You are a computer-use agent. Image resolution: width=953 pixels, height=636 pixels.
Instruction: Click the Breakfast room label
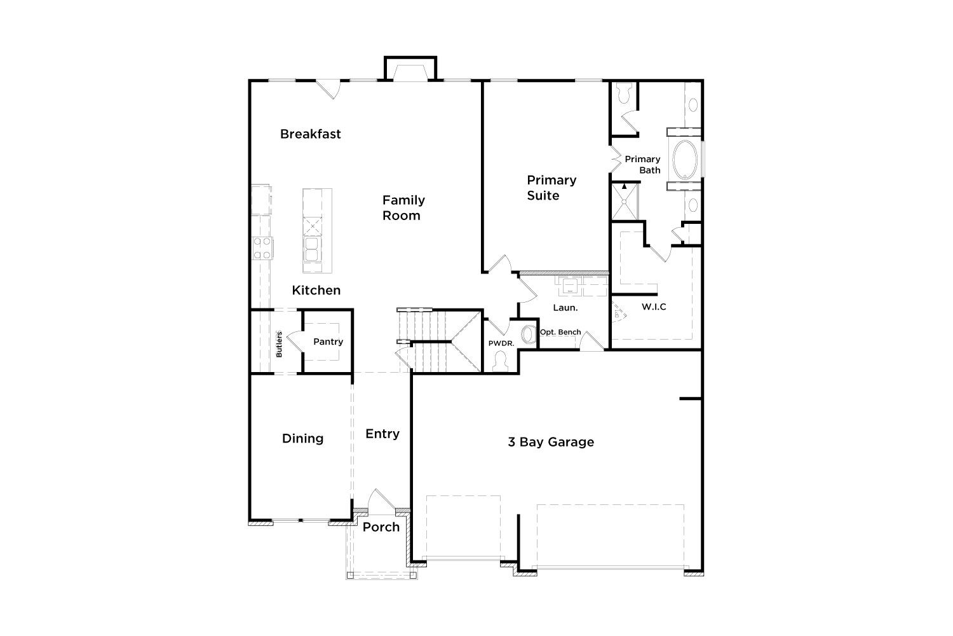[x=310, y=134]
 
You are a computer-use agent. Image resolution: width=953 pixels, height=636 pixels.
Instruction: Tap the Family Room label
[x=403, y=208]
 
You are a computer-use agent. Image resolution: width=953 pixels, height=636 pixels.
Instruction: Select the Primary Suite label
[x=551, y=188]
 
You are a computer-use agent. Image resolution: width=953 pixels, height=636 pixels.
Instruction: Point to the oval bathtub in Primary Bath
[x=685, y=160]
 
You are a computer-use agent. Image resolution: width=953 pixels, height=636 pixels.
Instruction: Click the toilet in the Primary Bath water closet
[x=624, y=93]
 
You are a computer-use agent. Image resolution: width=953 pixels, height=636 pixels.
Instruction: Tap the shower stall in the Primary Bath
[x=625, y=201]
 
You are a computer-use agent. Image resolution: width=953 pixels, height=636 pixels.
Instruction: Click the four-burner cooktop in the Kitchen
[x=262, y=248]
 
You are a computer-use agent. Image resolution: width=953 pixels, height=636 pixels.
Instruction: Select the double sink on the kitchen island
[x=312, y=249]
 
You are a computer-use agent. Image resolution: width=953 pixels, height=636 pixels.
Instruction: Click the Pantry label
[x=328, y=342]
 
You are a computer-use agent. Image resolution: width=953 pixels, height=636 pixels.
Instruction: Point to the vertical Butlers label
[x=279, y=344]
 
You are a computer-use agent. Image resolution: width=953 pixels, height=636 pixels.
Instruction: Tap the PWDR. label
[x=501, y=343]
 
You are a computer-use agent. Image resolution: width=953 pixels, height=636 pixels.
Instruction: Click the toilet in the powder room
[x=501, y=362]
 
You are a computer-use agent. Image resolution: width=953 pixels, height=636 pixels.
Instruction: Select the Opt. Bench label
[x=560, y=332]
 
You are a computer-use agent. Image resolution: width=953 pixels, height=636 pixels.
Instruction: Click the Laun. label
[x=565, y=308]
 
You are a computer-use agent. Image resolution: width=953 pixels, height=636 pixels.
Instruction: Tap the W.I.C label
[x=654, y=307]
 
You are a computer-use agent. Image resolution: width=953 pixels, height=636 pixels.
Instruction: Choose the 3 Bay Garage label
[x=551, y=442]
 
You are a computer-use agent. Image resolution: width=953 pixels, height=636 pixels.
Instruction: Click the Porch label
[x=381, y=527]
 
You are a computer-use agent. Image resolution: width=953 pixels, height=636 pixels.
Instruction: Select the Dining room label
[x=302, y=439]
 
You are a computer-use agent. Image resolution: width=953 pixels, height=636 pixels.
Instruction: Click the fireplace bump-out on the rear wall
[x=410, y=68]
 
